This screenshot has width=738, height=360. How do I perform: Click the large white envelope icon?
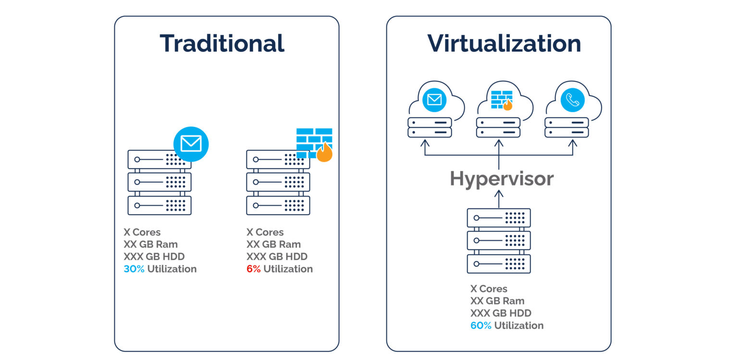tap(191, 143)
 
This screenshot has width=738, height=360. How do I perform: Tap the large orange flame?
tap(324, 153)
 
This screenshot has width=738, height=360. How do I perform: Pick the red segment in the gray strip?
tap(255, 269)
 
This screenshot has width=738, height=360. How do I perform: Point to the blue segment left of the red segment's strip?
tap(135, 269)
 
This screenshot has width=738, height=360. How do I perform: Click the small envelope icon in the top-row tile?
tap(434, 99)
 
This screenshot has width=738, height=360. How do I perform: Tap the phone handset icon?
tap(573, 100)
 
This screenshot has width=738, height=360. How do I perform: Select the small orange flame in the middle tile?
tap(507, 105)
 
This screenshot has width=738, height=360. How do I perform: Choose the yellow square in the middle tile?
tap(523, 111)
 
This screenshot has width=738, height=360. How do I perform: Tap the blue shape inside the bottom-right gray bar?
tap(488, 336)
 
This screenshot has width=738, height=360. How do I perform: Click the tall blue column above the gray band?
tap(219, 192)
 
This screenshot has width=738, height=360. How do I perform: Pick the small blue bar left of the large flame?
tap(306, 155)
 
